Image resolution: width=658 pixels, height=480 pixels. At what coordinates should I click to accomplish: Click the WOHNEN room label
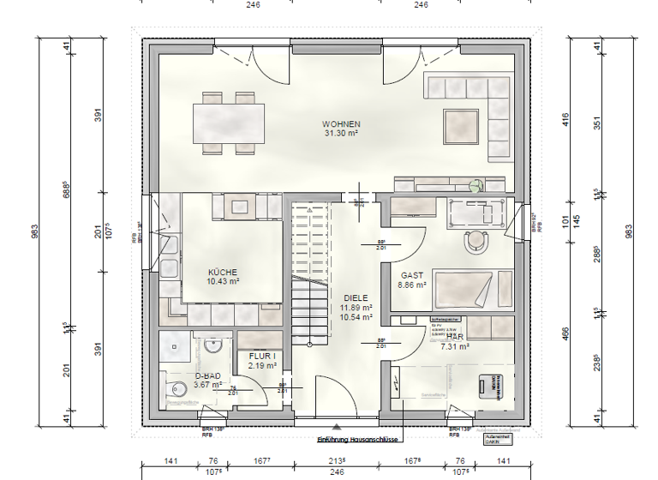[x=341, y=124]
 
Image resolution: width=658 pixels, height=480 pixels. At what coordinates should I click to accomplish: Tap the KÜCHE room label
[x=222, y=272]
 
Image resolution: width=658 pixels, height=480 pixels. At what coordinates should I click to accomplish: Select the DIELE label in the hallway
[x=356, y=297]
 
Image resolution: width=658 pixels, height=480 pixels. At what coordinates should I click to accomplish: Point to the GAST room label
[x=412, y=276]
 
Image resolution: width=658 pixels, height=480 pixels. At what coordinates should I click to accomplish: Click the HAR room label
[x=454, y=338]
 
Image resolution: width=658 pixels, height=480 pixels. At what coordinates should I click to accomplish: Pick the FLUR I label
[x=262, y=355]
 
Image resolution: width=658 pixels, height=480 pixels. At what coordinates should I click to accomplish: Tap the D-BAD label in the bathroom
[x=207, y=375]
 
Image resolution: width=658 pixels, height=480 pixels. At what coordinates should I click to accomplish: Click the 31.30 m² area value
[x=341, y=134]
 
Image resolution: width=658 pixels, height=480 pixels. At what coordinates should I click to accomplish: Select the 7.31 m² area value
[x=454, y=347]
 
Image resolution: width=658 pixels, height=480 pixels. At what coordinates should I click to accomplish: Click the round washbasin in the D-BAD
[x=213, y=345]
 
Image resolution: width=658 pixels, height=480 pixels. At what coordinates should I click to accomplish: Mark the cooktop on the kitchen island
[x=237, y=207]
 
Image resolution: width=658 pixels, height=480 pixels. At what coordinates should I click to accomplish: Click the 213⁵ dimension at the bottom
[x=339, y=460]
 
